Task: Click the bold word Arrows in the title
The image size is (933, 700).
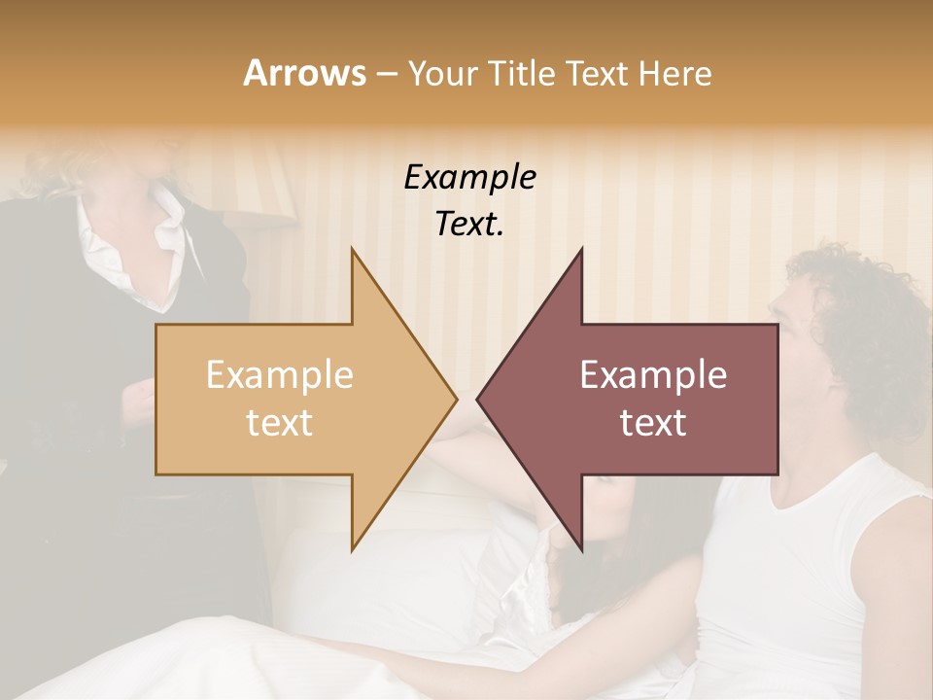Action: tap(304, 74)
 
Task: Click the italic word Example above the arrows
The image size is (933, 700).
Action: tap(470, 178)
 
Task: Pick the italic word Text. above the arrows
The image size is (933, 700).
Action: tap(470, 224)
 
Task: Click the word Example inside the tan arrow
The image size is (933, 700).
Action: tap(279, 374)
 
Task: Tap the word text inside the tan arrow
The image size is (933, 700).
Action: tap(279, 423)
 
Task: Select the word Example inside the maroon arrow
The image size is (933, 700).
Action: tap(653, 374)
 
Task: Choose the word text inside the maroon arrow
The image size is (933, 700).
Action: tap(653, 423)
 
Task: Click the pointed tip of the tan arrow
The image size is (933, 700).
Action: tap(455, 399)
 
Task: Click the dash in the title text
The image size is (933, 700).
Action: tap(385, 75)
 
